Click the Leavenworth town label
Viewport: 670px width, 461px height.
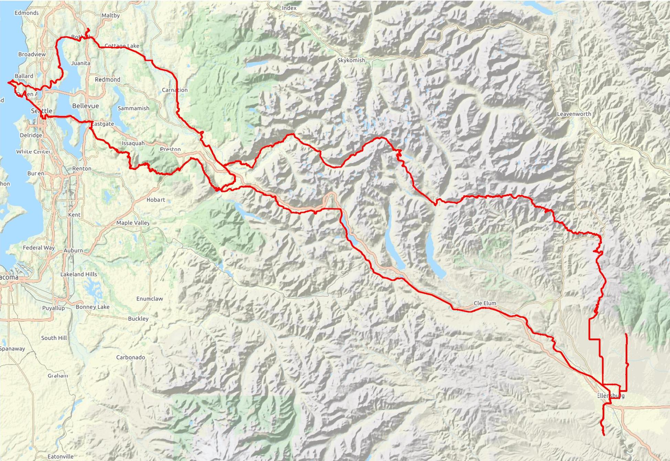[574, 114]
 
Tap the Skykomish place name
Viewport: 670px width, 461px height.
[351, 60]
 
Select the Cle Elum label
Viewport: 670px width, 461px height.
[485, 303]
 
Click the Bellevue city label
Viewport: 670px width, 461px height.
[85, 106]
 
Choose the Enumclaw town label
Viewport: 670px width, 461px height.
[150, 299]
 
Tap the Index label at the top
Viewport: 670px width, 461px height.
[289, 8]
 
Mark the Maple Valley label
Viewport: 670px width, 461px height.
[133, 223]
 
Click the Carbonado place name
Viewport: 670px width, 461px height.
[130, 357]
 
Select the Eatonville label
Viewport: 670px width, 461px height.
[61, 457]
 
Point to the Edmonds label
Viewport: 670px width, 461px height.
[26, 13]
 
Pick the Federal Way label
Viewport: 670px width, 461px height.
[39, 248]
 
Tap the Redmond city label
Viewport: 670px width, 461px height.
[107, 79]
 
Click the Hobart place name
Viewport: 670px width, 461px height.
[155, 200]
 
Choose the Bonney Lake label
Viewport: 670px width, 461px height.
[93, 307]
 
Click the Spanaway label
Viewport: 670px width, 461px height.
[12, 349]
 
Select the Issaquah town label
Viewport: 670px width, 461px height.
[133, 143]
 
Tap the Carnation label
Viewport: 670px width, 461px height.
[175, 90]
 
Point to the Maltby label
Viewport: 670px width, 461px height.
[111, 15]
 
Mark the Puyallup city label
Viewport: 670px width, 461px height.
[53, 308]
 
